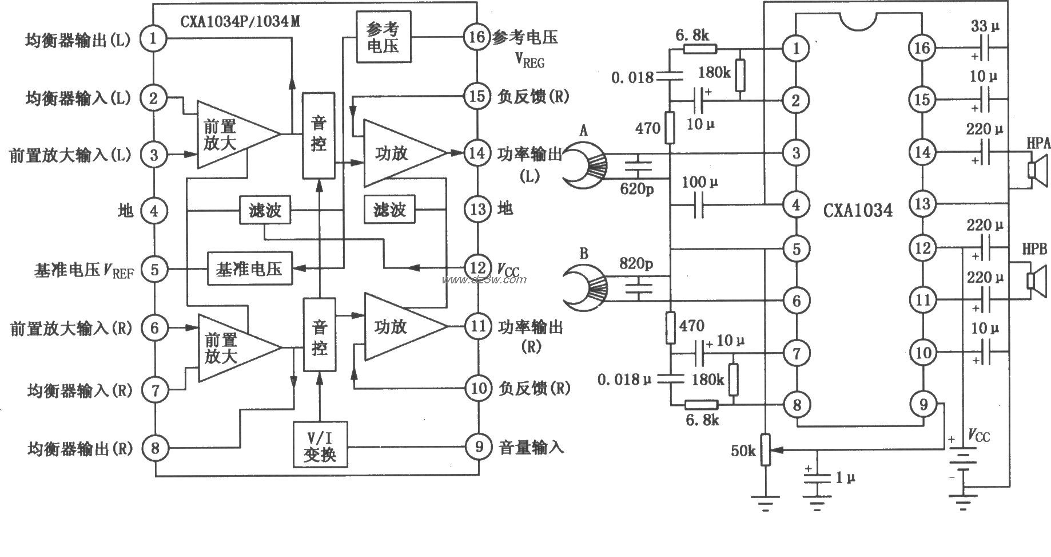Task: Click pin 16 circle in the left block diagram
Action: click(x=477, y=37)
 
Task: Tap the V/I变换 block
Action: click(x=320, y=445)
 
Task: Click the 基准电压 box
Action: click(x=249, y=268)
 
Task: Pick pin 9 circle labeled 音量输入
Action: click(x=478, y=447)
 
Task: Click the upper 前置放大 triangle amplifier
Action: click(x=234, y=135)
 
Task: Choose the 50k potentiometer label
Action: click(x=743, y=451)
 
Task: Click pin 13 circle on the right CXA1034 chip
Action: click(x=922, y=203)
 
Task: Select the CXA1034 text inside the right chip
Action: click(x=858, y=210)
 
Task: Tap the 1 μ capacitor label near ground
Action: click(x=845, y=477)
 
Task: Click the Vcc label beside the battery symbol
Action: click(x=979, y=437)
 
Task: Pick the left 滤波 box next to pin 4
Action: click(x=265, y=211)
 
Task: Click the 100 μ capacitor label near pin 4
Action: click(x=700, y=183)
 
